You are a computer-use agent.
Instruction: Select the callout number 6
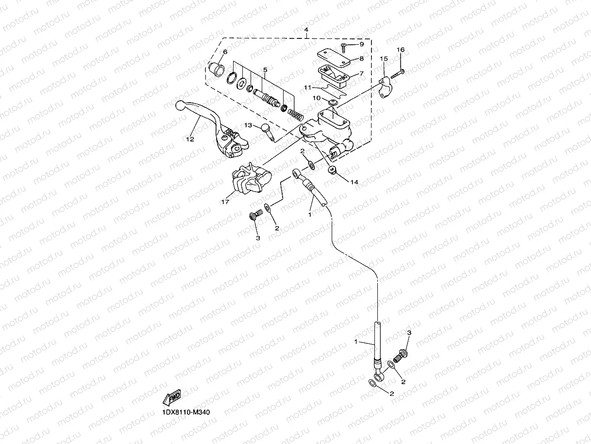225,52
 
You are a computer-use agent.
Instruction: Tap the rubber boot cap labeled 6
216,69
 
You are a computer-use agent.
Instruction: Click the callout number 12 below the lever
189,139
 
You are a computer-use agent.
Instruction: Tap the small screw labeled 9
344,46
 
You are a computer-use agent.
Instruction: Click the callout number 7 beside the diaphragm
361,74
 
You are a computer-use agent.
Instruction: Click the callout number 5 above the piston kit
265,70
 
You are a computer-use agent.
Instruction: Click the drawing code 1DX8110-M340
186,412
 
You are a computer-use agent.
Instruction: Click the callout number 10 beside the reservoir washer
316,98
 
